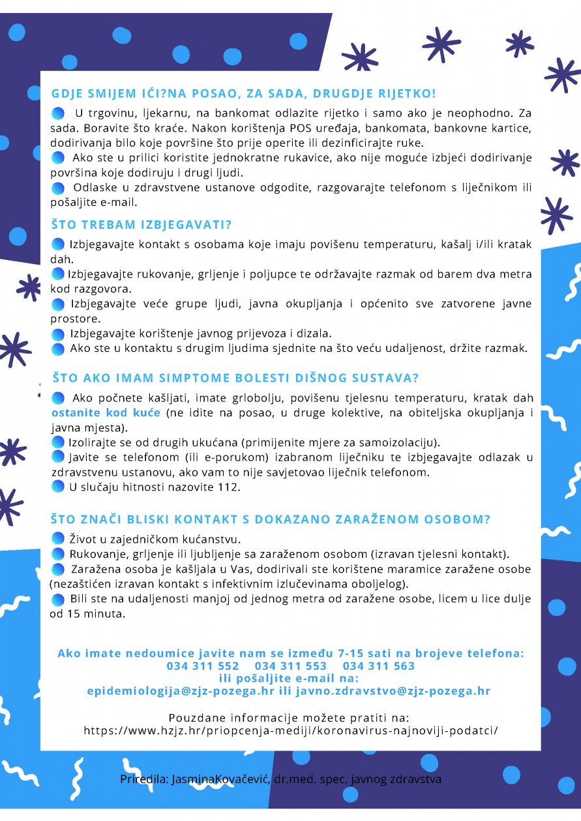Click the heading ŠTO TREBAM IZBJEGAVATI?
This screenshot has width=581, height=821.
click(x=142, y=225)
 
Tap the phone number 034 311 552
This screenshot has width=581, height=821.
click(x=203, y=666)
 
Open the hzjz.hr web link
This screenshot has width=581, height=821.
click(x=291, y=730)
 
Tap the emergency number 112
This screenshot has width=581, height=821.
click(x=231, y=487)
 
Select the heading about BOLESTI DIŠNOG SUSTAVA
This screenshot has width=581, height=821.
click(x=235, y=378)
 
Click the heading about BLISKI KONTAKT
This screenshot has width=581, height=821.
click(x=271, y=519)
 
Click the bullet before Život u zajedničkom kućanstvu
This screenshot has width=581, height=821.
click(x=57, y=538)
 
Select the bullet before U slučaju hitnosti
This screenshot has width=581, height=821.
click(x=57, y=486)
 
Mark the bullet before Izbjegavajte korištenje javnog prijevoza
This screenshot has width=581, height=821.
click(x=58, y=334)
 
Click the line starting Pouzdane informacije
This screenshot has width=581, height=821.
click(x=290, y=717)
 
